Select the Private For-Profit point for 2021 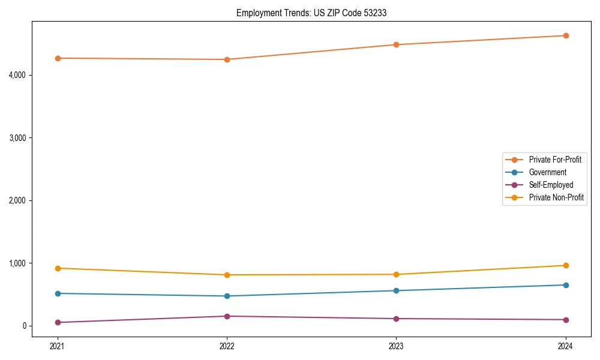pyautogui.click(x=58, y=58)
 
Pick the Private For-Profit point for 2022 pyautogui.click(x=227, y=59)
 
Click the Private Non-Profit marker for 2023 pyautogui.click(x=396, y=274)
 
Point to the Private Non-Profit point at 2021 pyautogui.click(x=58, y=268)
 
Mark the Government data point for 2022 pyautogui.click(x=227, y=296)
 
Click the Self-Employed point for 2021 pyautogui.click(x=58, y=322)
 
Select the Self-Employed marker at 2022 pyautogui.click(x=227, y=316)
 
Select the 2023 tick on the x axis pyautogui.click(x=396, y=346)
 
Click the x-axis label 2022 pyautogui.click(x=227, y=346)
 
